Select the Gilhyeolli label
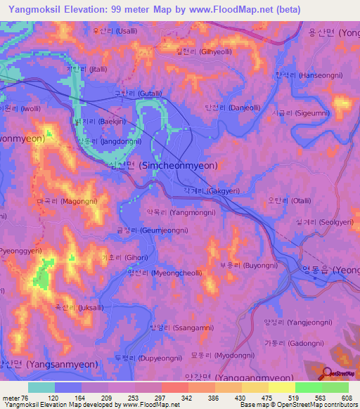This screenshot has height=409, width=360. tap(204, 51)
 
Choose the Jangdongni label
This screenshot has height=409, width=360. tap(101, 141)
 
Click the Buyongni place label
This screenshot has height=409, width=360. tap(240, 266)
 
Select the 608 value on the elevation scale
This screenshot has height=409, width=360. tap(340, 398)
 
